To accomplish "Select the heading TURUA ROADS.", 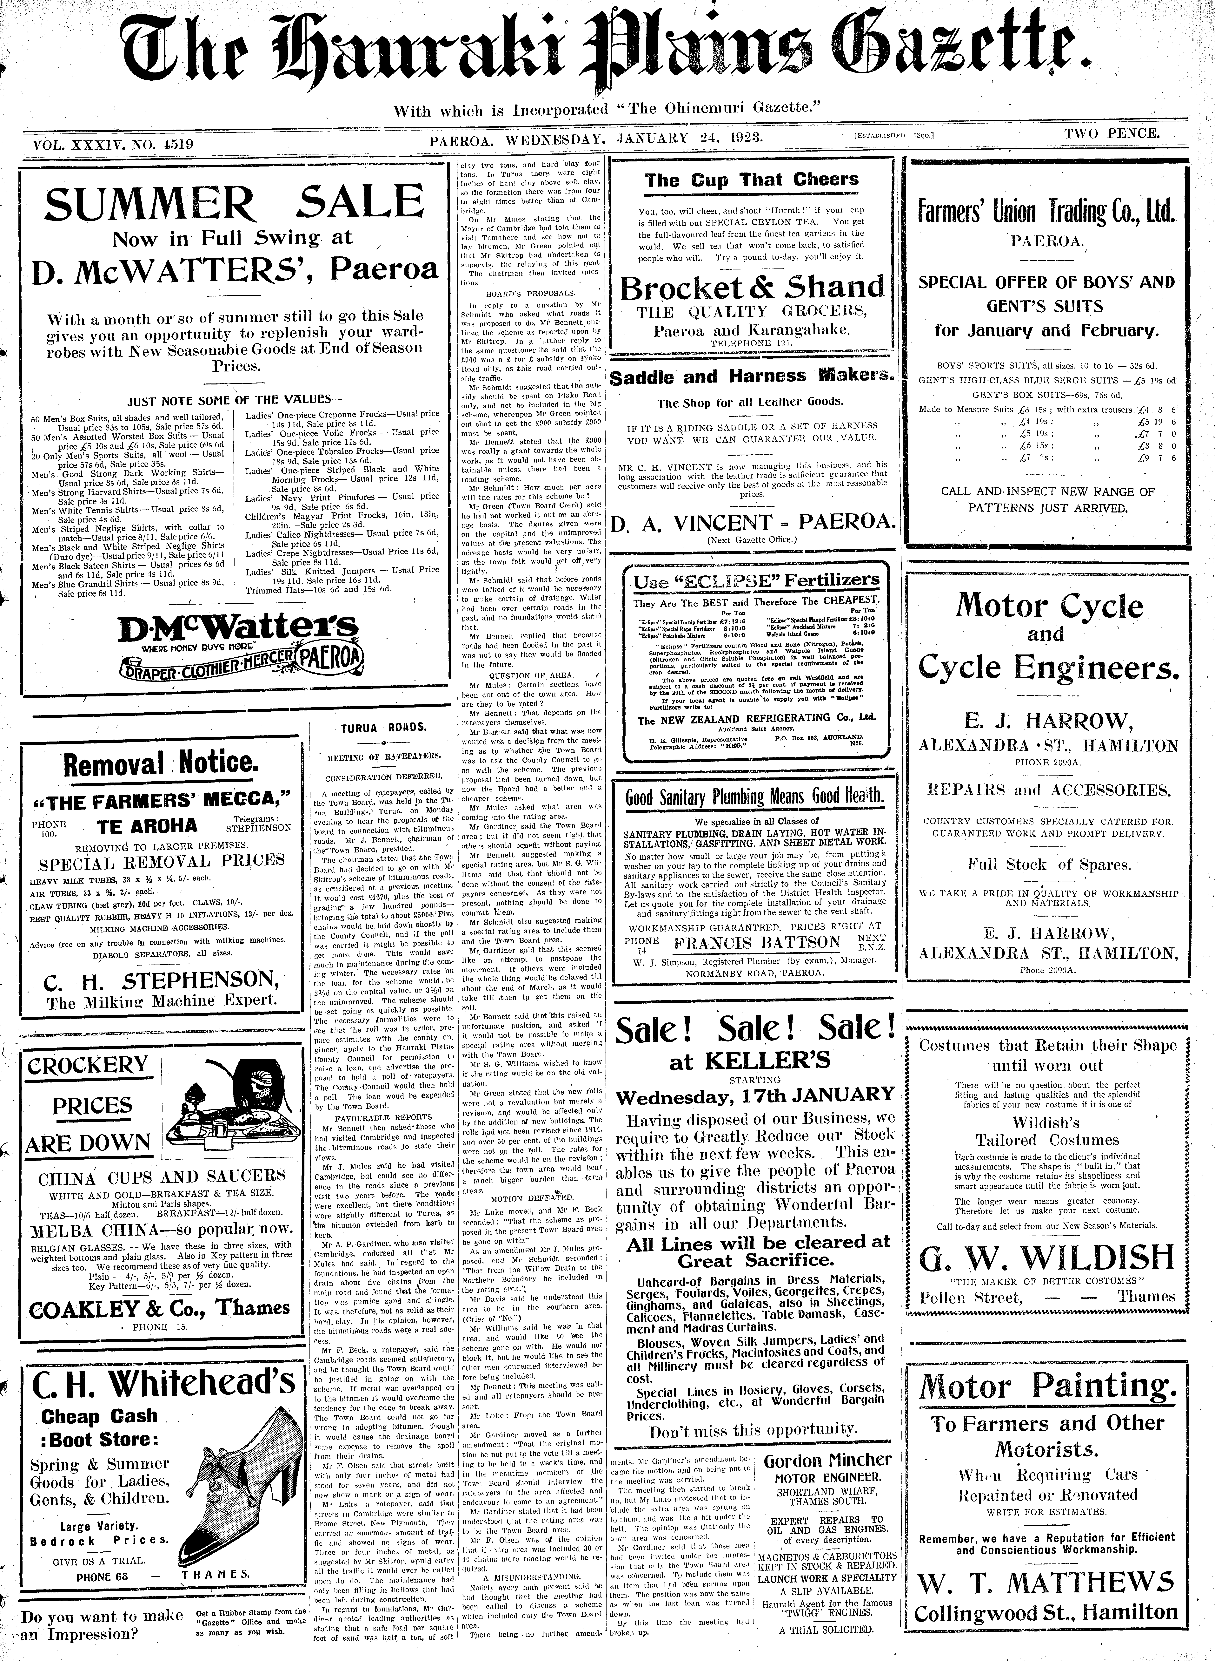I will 382,727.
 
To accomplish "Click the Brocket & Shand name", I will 752,288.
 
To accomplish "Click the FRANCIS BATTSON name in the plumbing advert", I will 758,943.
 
